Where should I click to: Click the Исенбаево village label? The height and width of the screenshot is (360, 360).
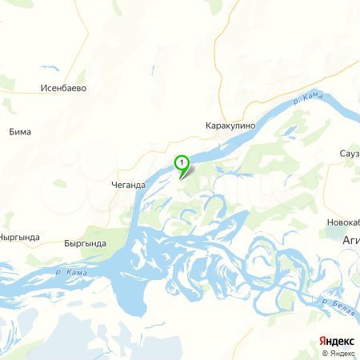(x=63, y=88)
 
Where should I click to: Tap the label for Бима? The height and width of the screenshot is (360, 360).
(x=20, y=132)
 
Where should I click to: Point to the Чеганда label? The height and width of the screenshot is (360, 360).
(x=128, y=186)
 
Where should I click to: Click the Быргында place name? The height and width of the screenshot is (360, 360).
(x=85, y=241)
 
